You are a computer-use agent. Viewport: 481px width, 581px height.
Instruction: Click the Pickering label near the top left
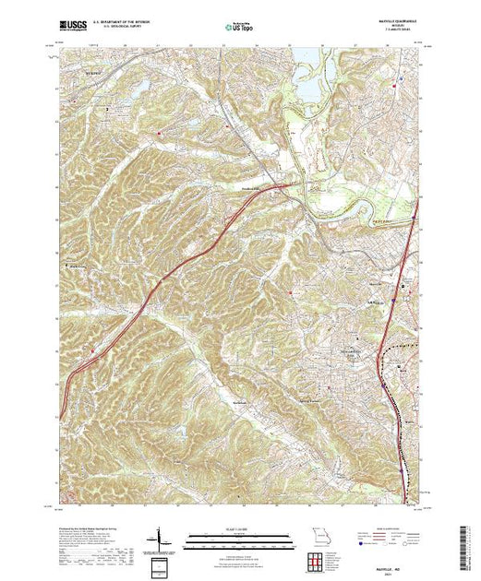(83, 66)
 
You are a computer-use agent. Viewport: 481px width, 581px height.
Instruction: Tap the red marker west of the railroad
(292, 294)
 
